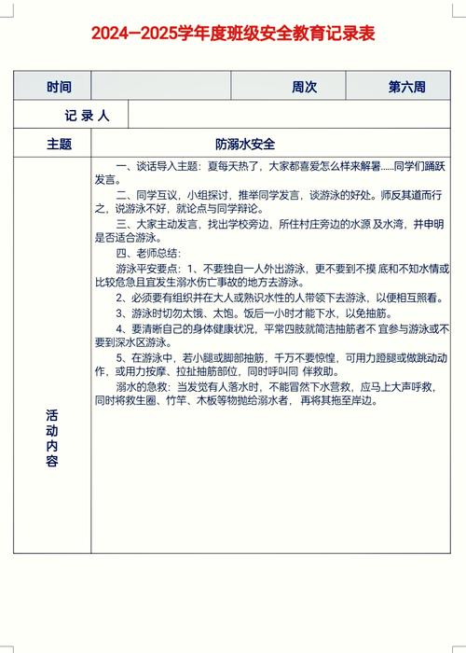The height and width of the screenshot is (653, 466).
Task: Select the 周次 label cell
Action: pyautogui.click(x=304, y=87)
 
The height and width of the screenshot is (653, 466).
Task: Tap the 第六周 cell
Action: pyautogui.click(x=406, y=87)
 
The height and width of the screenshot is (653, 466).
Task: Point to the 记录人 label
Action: pyautogui.click(x=88, y=116)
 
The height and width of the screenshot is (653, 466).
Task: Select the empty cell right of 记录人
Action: pyautogui.click(x=289, y=116)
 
